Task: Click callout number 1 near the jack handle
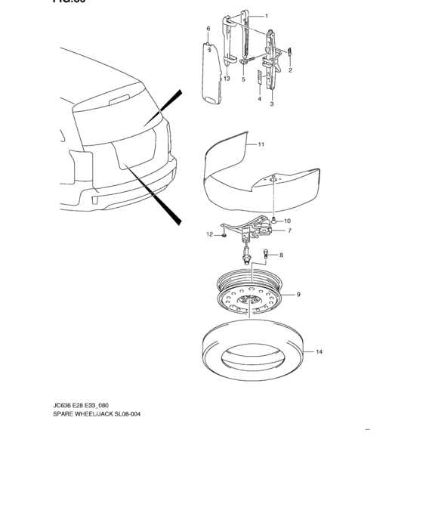[x=266, y=15]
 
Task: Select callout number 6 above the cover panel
[x=208, y=29]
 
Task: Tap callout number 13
[x=226, y=79]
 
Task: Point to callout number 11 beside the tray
[x=261, y=143]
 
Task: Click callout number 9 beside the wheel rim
[x=298, y=294]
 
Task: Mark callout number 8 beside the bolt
[x=281, y=255]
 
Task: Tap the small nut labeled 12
[x=224, y=235]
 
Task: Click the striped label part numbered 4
[x=260, y=78]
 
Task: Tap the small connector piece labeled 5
[x=245, y=61]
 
